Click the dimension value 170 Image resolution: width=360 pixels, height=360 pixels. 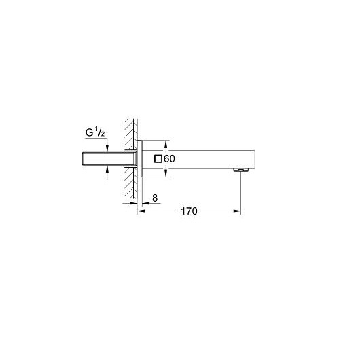(x=188, y=211)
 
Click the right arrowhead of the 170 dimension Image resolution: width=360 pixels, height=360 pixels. (x=238, y=211)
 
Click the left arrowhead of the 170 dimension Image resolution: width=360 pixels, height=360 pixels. (x=141, y=211)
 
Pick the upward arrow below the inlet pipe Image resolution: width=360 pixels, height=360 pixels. (x=106, y=173)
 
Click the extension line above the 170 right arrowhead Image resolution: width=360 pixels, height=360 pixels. (x=241, y=194)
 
